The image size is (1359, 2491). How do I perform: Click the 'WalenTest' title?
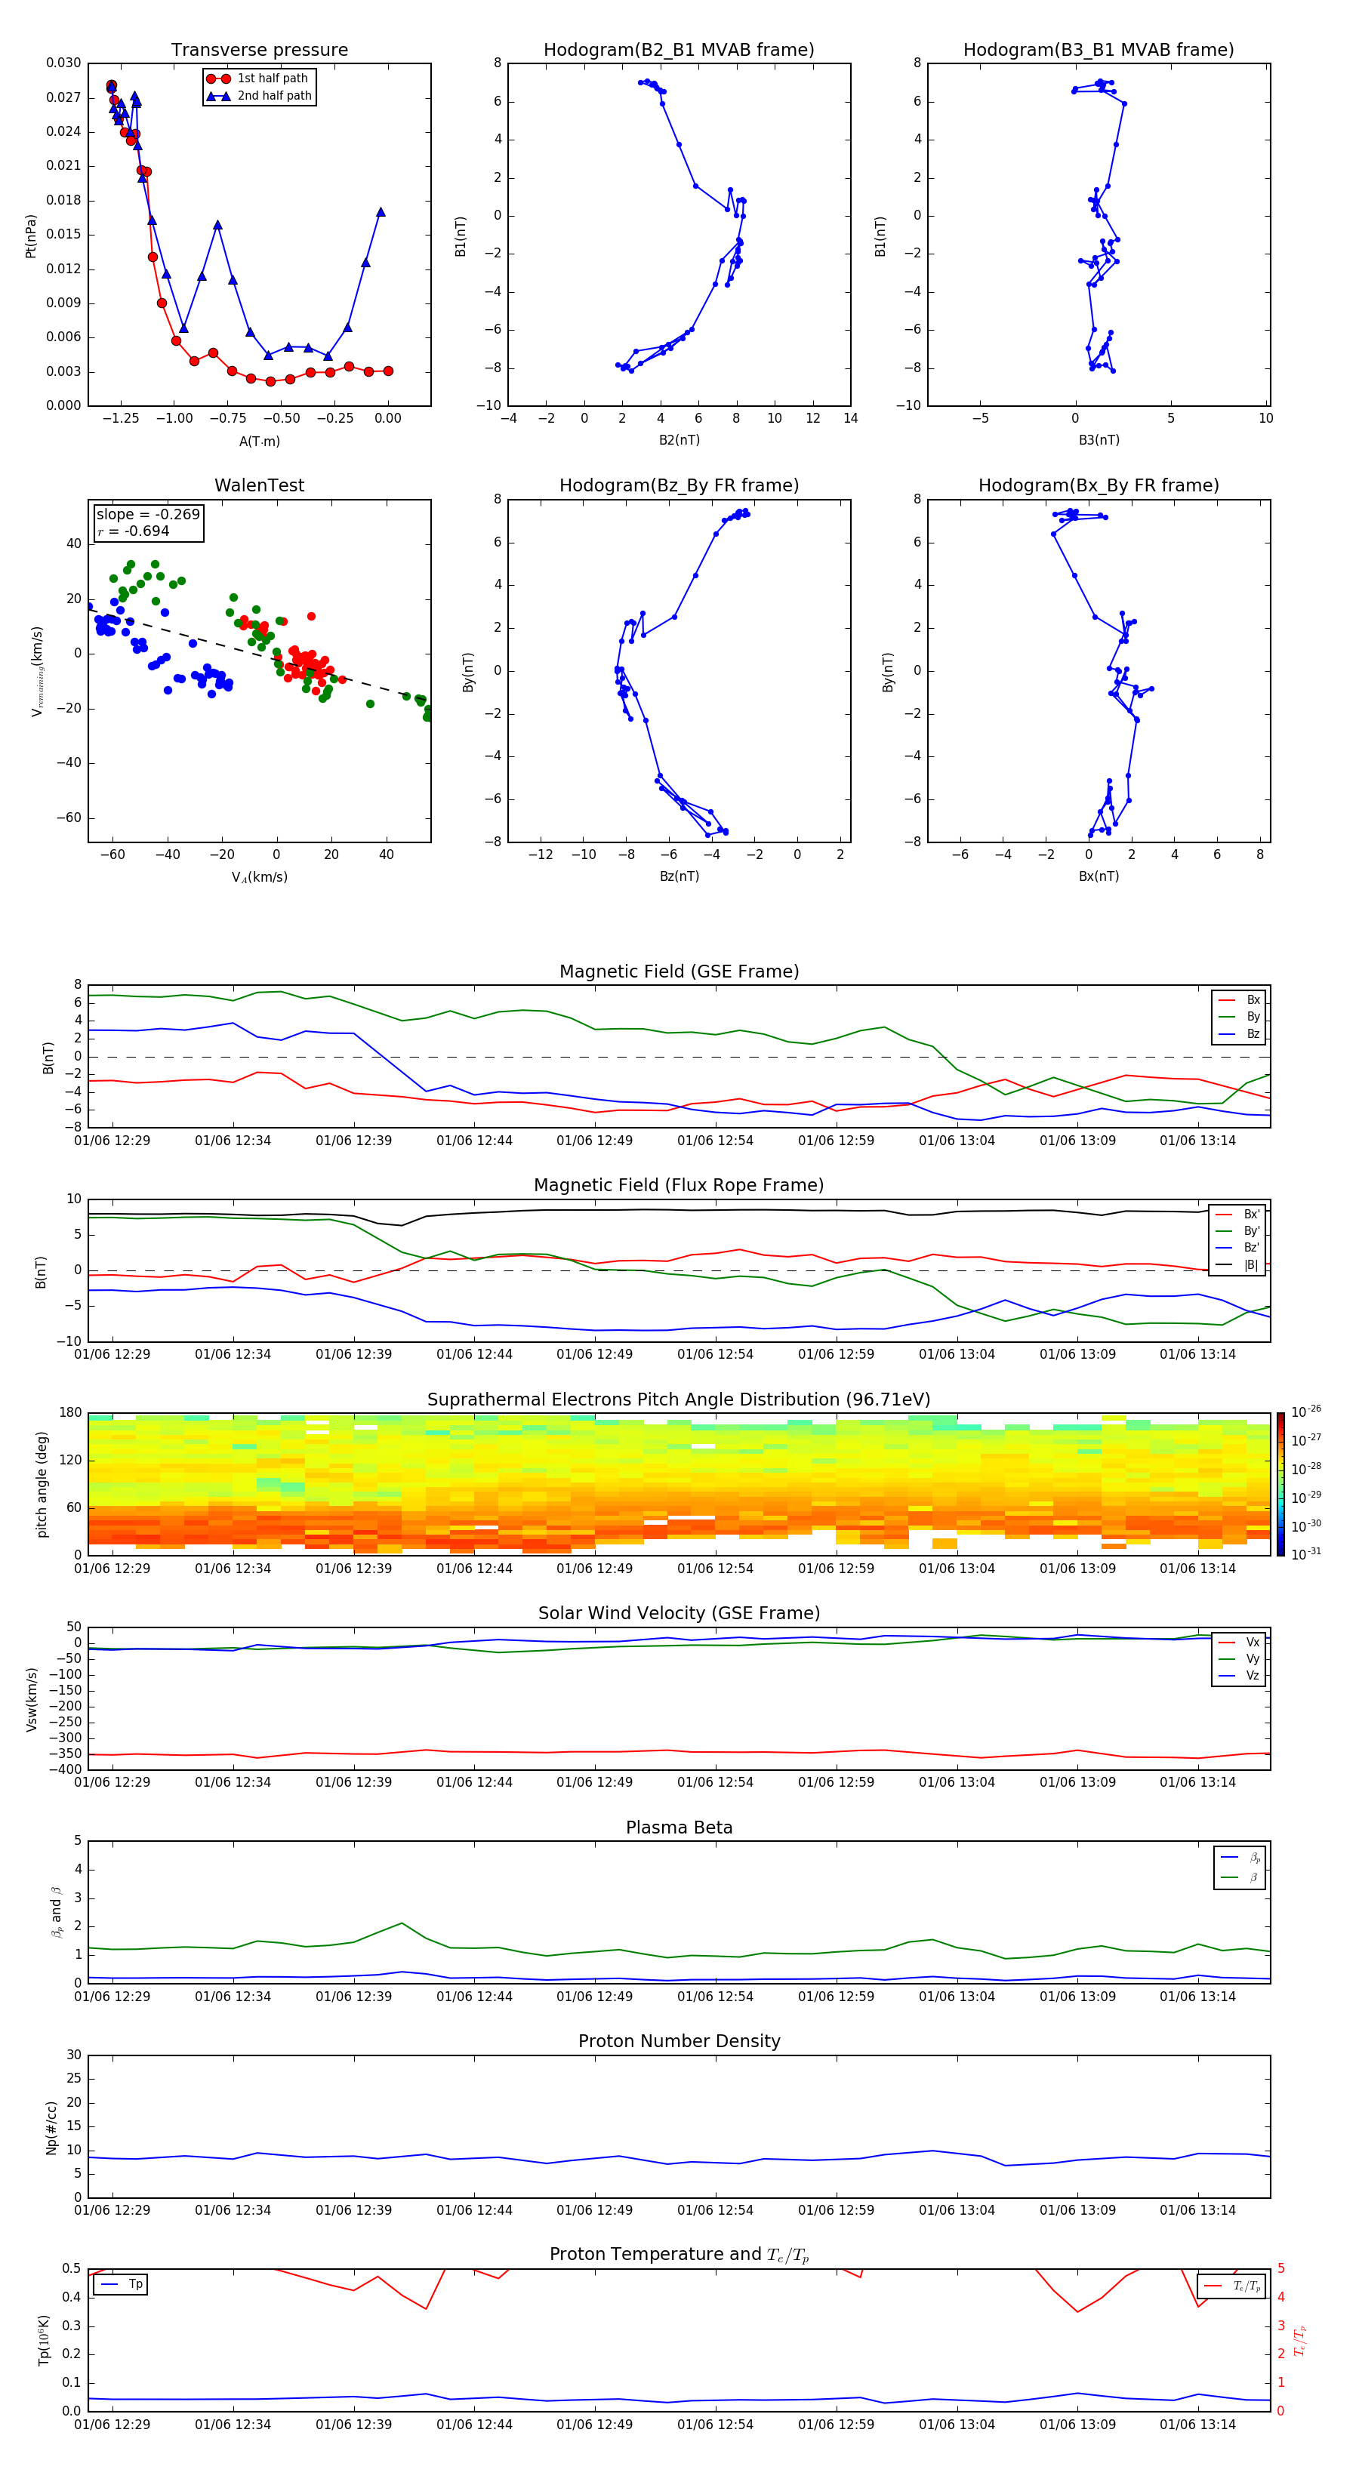click(259, 485)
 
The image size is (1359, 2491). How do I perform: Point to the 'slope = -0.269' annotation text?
click(148, 515)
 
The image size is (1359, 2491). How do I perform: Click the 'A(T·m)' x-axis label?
click(259, 441)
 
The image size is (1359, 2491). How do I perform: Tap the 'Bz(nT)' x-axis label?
click(678, 876)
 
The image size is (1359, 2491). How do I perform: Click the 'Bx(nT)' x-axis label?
click(1098, 876)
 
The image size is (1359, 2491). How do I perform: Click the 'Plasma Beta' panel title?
click(678, 1827)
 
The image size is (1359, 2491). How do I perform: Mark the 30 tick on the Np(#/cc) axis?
click(73, 2055)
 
